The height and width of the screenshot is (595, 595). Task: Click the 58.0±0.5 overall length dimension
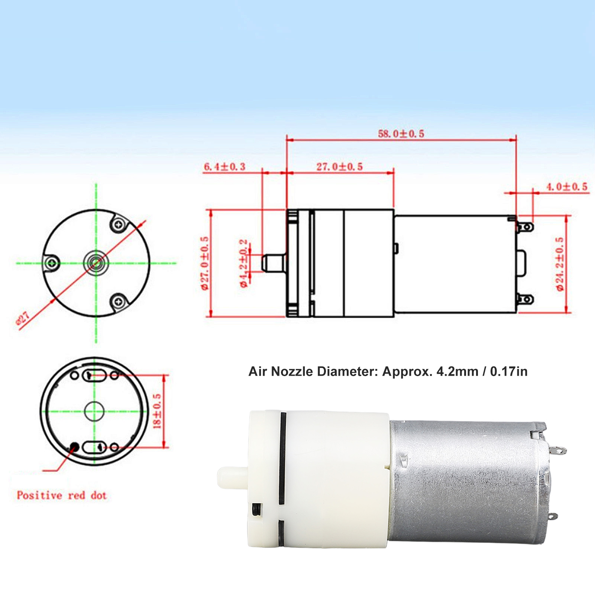click(x=401, y=133)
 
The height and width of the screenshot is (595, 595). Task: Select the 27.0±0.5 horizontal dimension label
click(x=339, y=166)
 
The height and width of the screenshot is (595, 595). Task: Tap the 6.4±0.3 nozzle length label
click(x=224, y=166)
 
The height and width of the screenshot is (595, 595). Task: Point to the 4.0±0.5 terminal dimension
click(x=567, y=187)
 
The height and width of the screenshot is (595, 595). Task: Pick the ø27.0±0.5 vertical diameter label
click(x=204, y=263)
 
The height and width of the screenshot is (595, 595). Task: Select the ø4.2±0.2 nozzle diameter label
click(x=243, y=263)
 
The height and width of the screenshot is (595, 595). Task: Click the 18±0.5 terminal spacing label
click(x=157, y=411)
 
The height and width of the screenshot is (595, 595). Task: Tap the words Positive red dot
click(x=62, y=495)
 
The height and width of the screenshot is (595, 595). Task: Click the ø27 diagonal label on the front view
click(x=23, y=319)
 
